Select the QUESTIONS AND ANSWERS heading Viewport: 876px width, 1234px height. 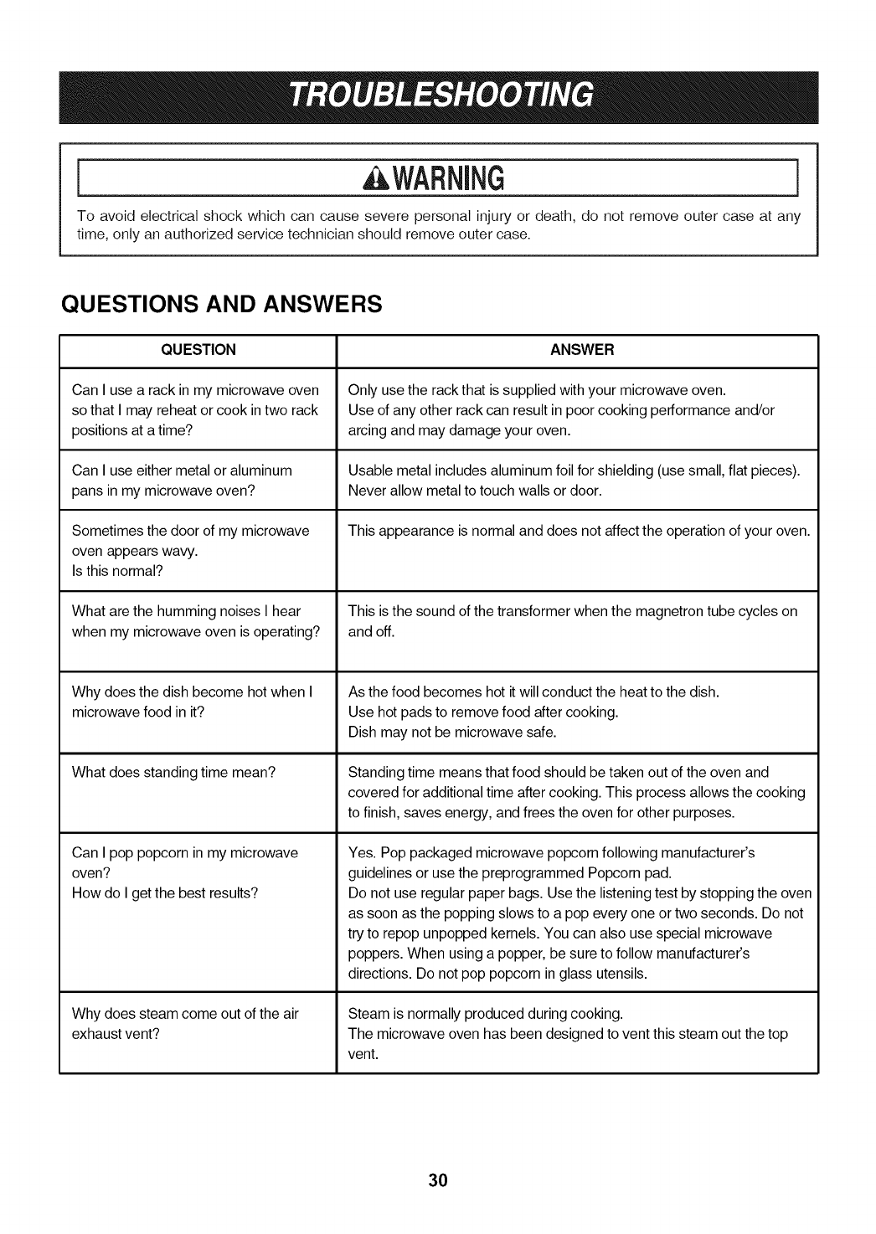click(x=222, y=303)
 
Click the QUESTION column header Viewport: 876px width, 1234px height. click(x=198, y=350)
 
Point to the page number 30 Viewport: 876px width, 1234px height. click(x=438, y=1180)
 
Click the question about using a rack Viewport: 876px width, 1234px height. click(x=195, y=410)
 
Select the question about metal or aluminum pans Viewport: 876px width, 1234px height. click(x=182, y=481)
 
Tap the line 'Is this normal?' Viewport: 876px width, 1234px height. click(x=117, y=571)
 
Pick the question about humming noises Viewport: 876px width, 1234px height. click(x=196, y=621)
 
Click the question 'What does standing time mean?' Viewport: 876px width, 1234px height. click(x=174, y=772)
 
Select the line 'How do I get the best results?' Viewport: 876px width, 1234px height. click(x=165, y=892)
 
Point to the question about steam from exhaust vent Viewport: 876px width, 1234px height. click(x=185, y=1024)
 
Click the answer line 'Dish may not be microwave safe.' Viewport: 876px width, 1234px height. click(x=452, y=732)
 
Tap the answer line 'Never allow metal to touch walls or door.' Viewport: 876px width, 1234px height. click(x=475, y=491)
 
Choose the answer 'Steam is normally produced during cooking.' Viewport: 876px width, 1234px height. click(x=485, y=1014)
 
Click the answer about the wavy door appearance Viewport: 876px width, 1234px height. click(x=579, y=531)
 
